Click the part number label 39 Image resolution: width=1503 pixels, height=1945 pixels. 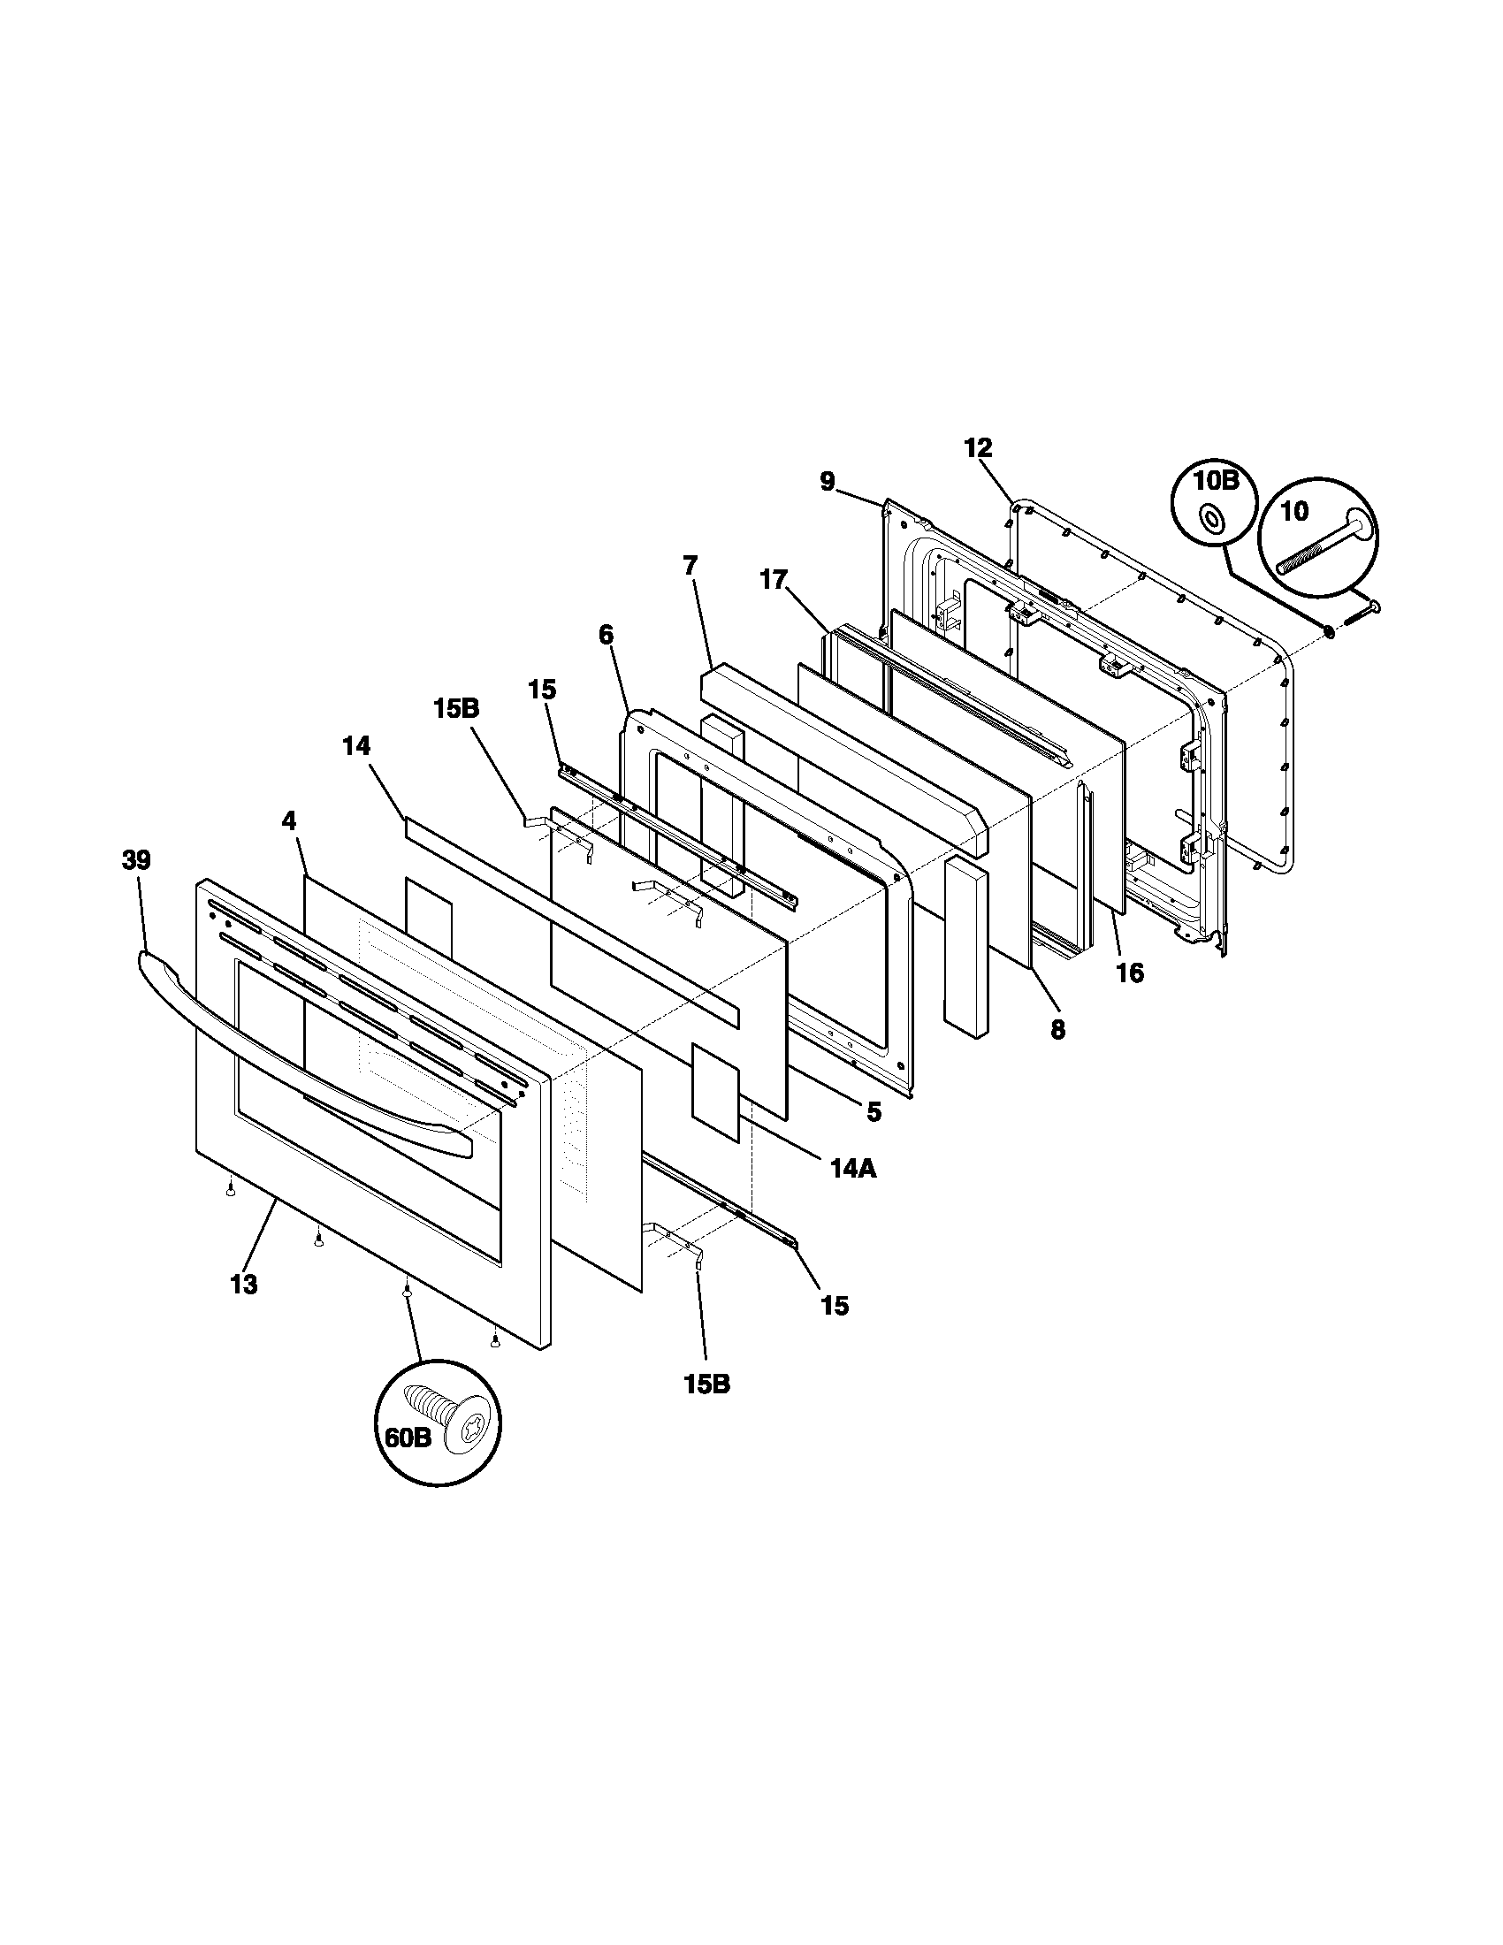click(136, 860)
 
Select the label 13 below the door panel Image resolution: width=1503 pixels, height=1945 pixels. click(243, 1284)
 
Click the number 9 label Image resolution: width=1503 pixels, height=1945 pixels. click(828, 482)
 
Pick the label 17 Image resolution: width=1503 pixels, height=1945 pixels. click(774, 581)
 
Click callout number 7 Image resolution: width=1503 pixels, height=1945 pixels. click(690, 565)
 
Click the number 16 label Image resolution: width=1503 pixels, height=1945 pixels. click(1130, 972)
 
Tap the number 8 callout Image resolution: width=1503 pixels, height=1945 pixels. click(1057, 1029)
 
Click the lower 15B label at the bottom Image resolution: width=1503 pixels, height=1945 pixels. click(707, 1384)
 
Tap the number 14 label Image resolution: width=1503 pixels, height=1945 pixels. click(356, 745)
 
